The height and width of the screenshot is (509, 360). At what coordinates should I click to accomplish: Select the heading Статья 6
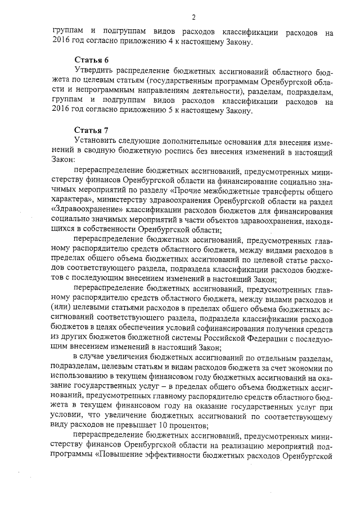tap(91, 60)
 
